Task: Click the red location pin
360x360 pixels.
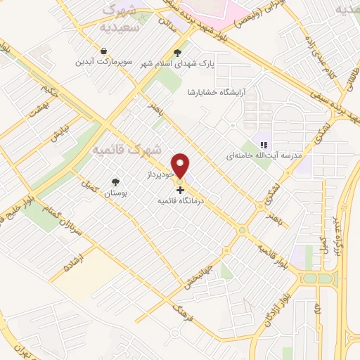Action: (181, 166)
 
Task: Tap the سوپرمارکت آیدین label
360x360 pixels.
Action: (103, 62)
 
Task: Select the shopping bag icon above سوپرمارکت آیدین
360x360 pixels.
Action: (103, 51)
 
